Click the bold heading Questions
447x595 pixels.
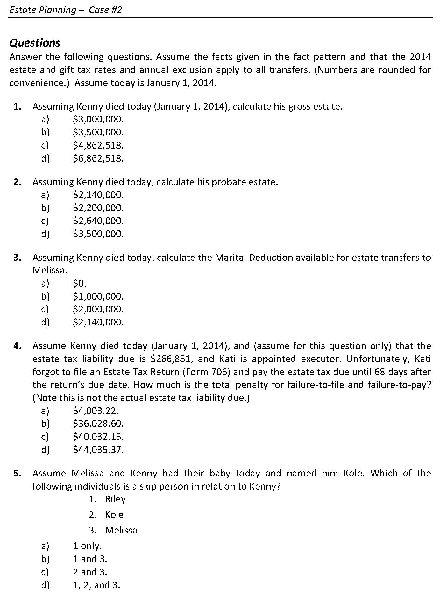pos(35,43)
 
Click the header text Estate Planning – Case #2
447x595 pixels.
pos(66,10)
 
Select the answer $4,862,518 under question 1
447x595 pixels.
pos(98,145)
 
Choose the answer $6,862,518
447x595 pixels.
pos(98,158)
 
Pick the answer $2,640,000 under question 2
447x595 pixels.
pos(98,221)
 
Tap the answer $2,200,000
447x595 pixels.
pos(98,208)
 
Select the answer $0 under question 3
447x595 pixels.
pos(80,283)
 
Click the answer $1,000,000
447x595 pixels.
pos(98,296)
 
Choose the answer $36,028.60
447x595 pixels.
pos(98,424)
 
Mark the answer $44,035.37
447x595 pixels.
pos(98,450)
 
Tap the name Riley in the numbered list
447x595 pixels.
pos(115,499)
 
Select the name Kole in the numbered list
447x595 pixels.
pos(114,515)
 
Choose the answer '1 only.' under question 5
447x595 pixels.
pos(87,546)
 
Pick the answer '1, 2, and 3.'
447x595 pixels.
pos(96,585)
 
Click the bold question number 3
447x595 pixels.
pos(17,258)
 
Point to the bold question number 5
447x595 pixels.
pos(17,473)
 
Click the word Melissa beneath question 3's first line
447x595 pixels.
pos(50,271)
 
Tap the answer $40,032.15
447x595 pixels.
pos(98,437)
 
